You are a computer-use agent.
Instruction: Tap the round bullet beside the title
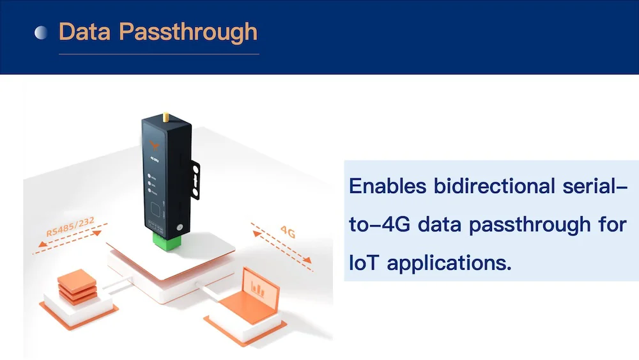(x=41, y=33)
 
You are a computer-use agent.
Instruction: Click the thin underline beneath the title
(x=158, y=54)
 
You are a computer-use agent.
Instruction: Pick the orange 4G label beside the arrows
(x=288, y=232)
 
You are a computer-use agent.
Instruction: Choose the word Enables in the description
(x=387, y=186)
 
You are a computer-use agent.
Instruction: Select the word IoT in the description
(x=364, y=262)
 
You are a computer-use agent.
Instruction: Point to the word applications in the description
(x=450, y=263)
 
